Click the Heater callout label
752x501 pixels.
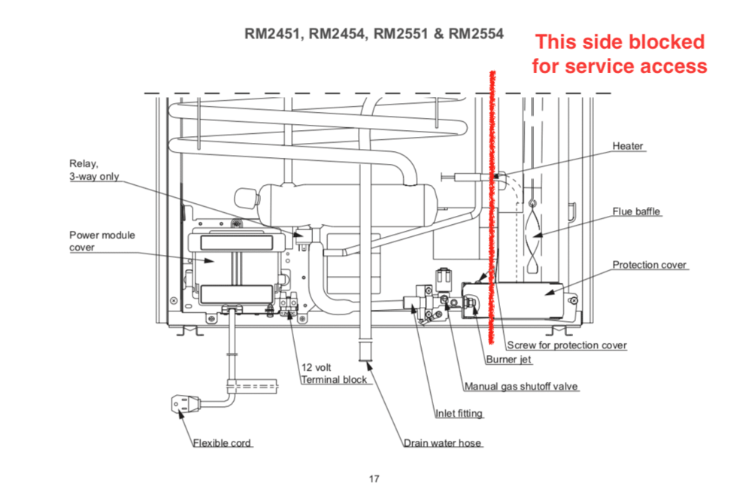coord(628,146)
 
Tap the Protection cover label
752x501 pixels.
coord(650,265)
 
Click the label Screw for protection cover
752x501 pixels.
coord(567,345)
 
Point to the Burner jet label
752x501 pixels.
coord(508,360)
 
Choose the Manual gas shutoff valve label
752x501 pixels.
coord(521,387)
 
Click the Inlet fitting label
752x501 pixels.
coord(459,414)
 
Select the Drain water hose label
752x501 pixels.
coord(442,443)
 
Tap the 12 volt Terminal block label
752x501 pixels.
coord(334,374)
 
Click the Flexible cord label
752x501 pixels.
coord(222,443)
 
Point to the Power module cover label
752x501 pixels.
coord(102,241)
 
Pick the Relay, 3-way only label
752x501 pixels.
coord(94,169)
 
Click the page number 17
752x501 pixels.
coord(374,478)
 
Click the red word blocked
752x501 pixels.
coord(669,41)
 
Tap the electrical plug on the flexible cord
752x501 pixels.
coord(183,405)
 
